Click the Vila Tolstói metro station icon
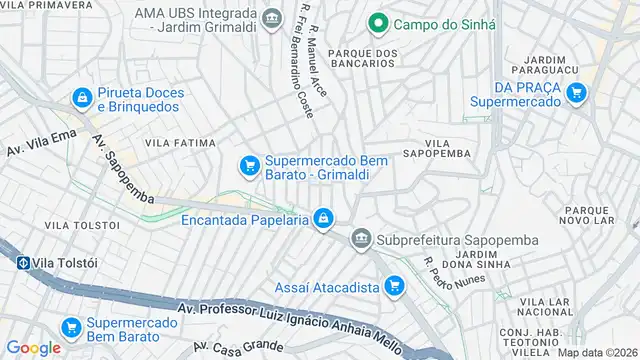tap(22, 263)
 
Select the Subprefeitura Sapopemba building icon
tap(361, 240)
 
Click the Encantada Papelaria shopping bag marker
tap(323, 217)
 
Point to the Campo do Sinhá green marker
tap(377, 22)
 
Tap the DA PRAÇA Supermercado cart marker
tap(576, 93)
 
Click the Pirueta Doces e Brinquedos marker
tap(81, 98)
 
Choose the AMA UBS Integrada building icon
tap(270, 18)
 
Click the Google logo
tap(33, 347)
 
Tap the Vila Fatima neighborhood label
tap(180, 143)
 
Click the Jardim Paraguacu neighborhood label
tap(545, 63)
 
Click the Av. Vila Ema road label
tap(42, 143)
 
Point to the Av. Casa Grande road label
tap(239, 349)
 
